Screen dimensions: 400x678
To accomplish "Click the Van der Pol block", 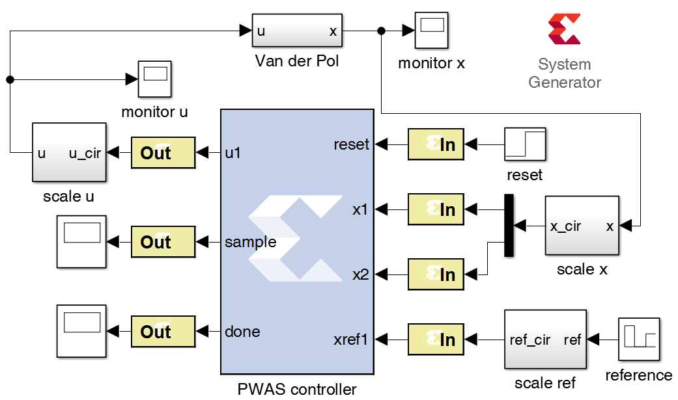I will click(x=297, y=31).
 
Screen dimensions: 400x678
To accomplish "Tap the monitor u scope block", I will click(x=155, y=79).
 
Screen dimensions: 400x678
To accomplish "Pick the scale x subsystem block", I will click(x=582, y=226).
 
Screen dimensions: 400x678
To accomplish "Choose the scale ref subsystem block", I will click(x=544, y=340).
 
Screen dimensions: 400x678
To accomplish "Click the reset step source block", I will click(x=525, y=144).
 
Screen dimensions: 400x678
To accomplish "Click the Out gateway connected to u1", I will click(x=163, y=153).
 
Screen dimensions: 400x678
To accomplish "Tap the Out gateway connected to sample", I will click(x=163, y=242).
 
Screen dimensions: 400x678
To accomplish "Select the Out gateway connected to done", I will click(x=163, y=332).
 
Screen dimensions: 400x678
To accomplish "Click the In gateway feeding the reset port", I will click(x=436, y=144).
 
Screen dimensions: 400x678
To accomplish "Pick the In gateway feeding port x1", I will click(x=436, y=209).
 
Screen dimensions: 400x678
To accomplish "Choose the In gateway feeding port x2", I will click(x=436, y=274).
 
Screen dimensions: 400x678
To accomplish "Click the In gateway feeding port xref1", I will click(x=436, y=340).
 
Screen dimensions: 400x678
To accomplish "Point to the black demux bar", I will click(x=509, y=225).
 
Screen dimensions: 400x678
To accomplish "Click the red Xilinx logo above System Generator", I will click(x=564, y=29).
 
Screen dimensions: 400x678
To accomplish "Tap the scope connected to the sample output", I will click(x=81, y=242).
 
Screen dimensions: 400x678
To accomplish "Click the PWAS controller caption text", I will click(x=297, y=390).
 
